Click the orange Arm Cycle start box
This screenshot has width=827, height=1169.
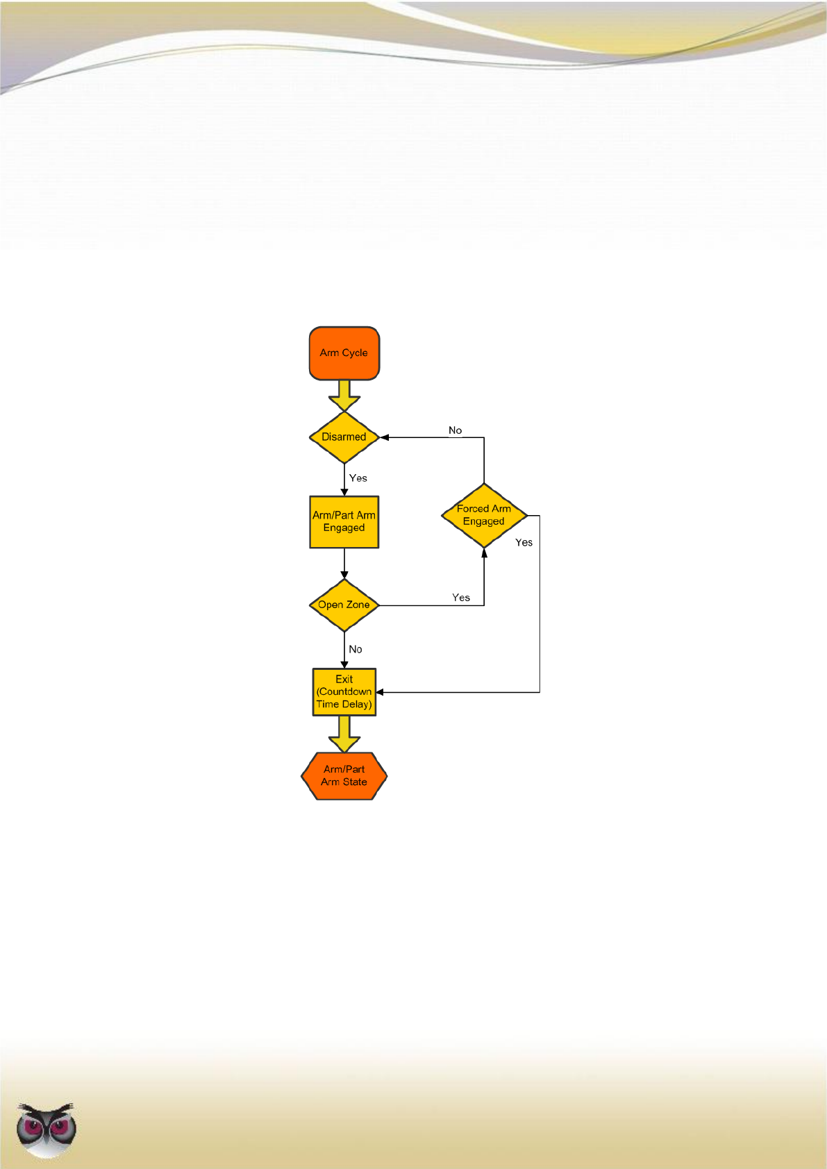tap(344, 353)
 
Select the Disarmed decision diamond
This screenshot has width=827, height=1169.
tap(344, 437)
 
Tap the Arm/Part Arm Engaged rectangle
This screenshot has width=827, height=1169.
tap(344, 522)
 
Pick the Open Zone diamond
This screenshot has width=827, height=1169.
tap(344, 605)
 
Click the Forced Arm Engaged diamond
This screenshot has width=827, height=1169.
tap(484, 515)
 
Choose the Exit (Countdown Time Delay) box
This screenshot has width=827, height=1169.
tap(344, 692)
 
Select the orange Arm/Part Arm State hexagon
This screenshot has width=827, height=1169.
tap(344, 776)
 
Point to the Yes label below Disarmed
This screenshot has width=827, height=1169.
tap(358, 478)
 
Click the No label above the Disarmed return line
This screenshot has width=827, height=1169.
tap(455, 430)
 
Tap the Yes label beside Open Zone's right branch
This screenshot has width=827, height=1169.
tap(461, 598)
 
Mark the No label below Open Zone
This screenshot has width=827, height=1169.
tap(356, 650)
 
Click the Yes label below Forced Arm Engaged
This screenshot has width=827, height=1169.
tap(524, 543)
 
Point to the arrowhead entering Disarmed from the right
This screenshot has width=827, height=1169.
tap(384, 437)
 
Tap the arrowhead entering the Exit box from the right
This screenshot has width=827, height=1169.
tap(381, 692)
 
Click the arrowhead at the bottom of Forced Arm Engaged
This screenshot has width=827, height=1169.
tap(484, 553)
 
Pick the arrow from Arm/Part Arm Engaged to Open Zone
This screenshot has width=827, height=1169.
tap(344, 564)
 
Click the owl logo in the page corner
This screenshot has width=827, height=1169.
tap(47, 1129)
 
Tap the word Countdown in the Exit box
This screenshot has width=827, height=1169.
tap(344, 692)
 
